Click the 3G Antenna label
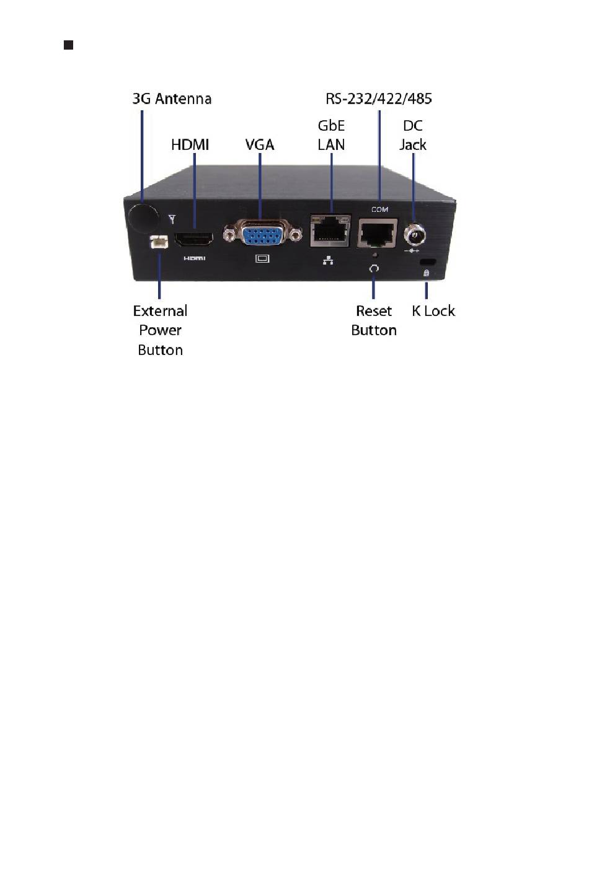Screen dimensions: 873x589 click(x=172, y=99)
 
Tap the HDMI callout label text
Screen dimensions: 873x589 click(x=190, y=145)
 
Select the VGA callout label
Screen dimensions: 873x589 click(x=259, y=145)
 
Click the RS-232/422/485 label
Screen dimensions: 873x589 click(x=378, y=99)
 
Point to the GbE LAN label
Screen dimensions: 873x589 click(x=331, y=135)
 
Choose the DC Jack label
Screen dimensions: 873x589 click(x=412, y=135)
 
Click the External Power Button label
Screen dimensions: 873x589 click(x=160, y=330)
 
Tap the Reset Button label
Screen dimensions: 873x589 click(x=374, y=320)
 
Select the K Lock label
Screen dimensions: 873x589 click(x=433, y=311)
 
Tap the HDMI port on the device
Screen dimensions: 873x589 click(x=194, y=239)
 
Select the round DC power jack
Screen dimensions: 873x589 click(x=413, y=235)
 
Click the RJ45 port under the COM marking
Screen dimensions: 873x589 click(x=377, y=234)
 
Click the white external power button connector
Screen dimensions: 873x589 click(x=159, y=243)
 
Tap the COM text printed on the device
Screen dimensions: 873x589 click(x=379, y=210)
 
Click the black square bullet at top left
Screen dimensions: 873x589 click(x=69, y=45)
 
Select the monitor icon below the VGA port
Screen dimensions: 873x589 click(x=262, y=258)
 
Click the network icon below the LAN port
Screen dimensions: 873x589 click(x=328, y=261)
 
